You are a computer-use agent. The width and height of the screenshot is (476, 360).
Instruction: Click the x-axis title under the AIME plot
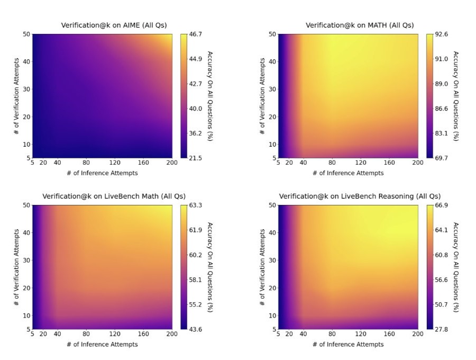click(x=102, y=173)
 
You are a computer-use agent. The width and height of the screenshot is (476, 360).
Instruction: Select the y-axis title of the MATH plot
click(x=263, y=96)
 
